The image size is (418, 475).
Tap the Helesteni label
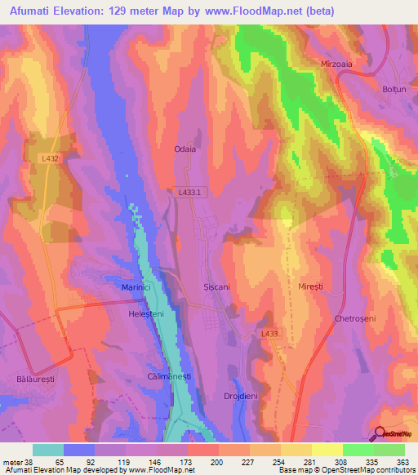click(147, 313)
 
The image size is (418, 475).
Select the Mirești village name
click(311, 288)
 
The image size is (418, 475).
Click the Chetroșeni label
click(354, 318)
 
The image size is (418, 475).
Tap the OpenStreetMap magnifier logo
click(380, 433)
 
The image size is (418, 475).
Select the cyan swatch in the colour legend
click(48, 450)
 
